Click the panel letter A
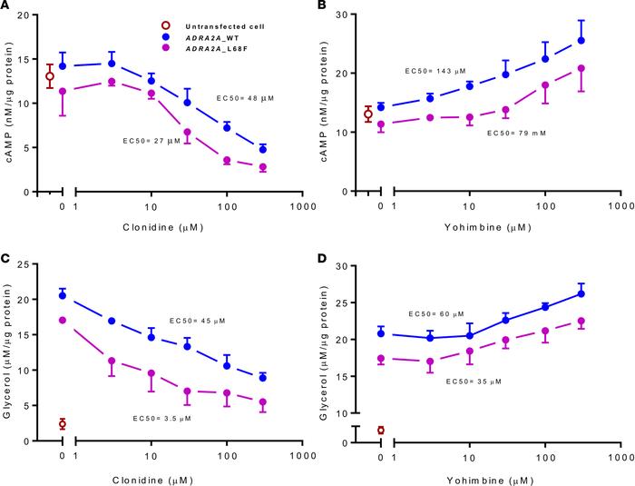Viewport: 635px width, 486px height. (6, 7)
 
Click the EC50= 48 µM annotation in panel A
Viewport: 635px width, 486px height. (246, 96)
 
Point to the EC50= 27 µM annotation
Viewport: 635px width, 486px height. (151, 141)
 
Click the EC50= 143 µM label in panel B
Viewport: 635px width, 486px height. (437, 70)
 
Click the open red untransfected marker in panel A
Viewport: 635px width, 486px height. (50, 76)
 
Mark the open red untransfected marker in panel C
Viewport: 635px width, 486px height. (62, 424)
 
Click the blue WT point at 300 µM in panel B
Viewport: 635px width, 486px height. (581, 41)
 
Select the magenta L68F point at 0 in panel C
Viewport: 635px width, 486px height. (62, 320)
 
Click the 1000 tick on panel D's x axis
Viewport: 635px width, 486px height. (620, 453)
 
